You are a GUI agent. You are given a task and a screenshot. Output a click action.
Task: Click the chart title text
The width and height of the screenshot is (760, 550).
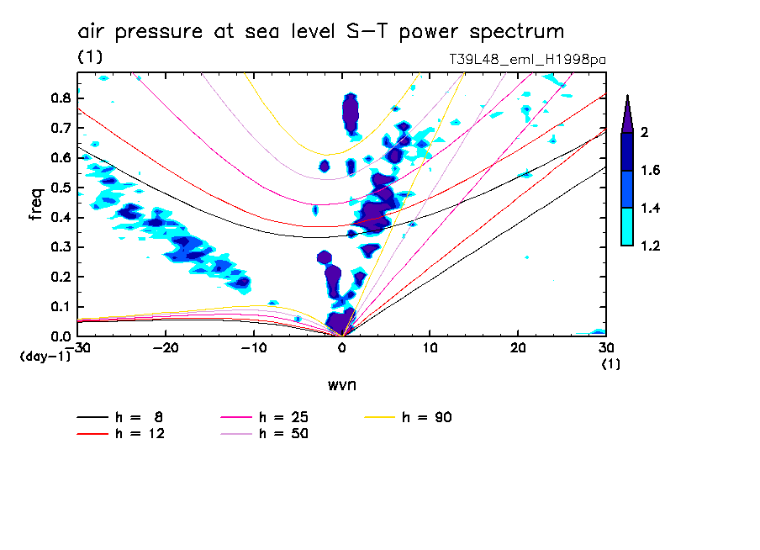[320, 32]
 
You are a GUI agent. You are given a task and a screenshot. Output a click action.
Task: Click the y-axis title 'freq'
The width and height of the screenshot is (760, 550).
[36, 204]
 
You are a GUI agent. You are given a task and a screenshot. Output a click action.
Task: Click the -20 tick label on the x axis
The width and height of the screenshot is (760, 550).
[166, 347]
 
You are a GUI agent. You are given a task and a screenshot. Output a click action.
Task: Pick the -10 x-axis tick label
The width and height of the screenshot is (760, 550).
[253, 347]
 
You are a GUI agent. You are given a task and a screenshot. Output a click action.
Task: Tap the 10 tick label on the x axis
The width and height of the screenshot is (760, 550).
[430, 347]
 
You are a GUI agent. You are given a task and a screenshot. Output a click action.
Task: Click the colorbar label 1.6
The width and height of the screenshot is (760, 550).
[651, 171]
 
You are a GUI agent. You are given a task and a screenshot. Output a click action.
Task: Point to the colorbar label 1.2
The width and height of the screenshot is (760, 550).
[651, 246]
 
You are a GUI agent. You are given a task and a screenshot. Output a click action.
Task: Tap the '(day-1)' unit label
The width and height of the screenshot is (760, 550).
[45, 357]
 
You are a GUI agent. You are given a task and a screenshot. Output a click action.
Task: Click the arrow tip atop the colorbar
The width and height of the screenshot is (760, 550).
[626, 97]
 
